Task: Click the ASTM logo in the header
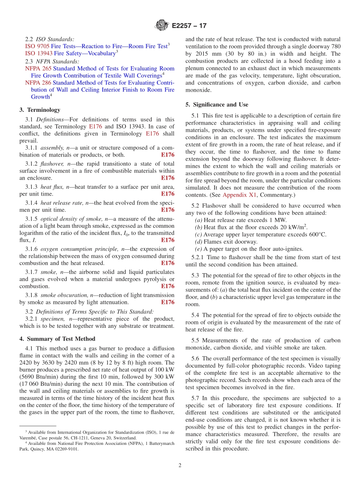click(x=162, y=26)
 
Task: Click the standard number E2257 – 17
click(x=189, y=26)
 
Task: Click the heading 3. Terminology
click(x=40, y=110)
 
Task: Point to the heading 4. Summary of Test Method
click(x=57, y=339)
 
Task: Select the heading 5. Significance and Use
click(x=217, y=105)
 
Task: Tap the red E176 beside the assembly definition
click(x=167, y=155)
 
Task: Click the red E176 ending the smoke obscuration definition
click(x=167, y=302)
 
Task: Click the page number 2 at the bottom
click(x=180, y=465)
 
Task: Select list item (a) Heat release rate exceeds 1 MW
click(x=241, y=220)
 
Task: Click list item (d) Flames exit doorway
click(x=226, y=242)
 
